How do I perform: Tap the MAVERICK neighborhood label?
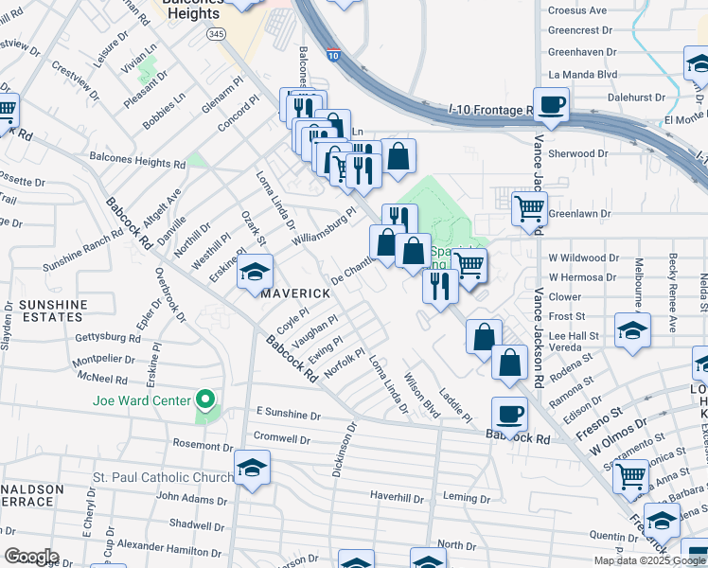tap(296, 293)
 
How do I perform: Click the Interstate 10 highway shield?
tap(331, 56)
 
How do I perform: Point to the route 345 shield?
tap(217, 33)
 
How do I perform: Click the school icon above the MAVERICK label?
tap(255, 272)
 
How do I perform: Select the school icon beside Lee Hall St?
tap(632, 330)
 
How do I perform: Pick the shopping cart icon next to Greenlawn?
tap(529, 208)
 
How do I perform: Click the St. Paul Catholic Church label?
tap(163, 477)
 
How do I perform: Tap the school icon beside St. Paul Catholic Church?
tap(253, 468)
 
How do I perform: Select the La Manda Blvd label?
tap(582, 74)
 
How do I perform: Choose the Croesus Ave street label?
tap(577, 10)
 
